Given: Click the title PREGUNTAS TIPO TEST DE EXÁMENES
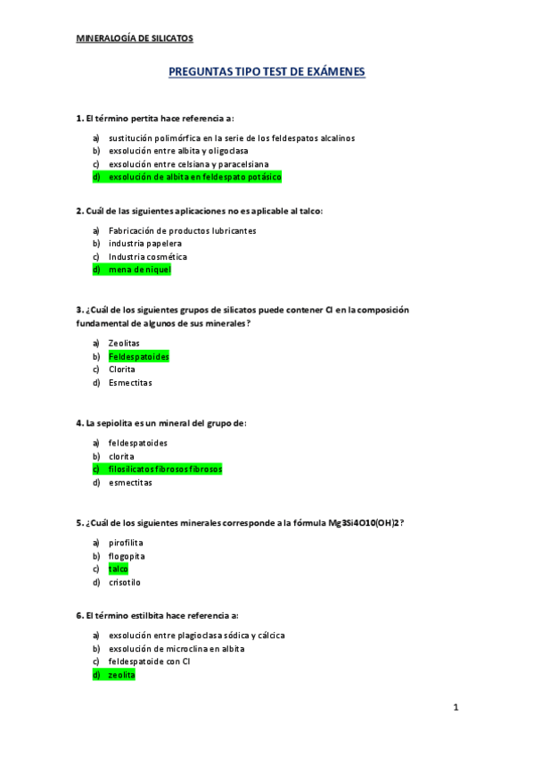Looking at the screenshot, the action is click(267, 72).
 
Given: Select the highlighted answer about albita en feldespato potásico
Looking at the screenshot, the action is click(194, 178).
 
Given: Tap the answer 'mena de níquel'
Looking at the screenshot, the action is click(139, 270).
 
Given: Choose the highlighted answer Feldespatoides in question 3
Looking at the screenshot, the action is click(138, 356).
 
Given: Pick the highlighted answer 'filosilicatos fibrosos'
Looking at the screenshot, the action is click(165, 470).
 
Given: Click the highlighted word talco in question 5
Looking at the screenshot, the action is click(119, 569).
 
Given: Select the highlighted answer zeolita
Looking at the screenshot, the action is click(121, 675).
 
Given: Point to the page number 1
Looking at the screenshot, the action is click(455, 708).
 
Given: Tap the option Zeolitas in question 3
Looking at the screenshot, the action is click(124, 343).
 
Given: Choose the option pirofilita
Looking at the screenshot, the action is click(126, 543).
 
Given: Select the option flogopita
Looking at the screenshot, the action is click(127, 556).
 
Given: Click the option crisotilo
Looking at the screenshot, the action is click(124, 582).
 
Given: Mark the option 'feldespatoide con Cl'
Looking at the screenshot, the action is click(150, 661).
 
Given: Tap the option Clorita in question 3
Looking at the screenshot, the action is click(122, 370).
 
